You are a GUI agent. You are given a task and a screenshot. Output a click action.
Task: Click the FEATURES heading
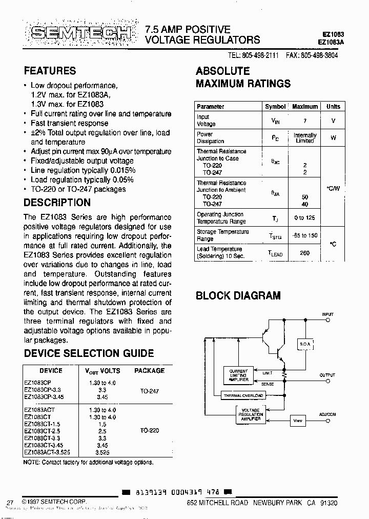[50, 71]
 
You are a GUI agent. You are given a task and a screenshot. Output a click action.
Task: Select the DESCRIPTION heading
[57, 203]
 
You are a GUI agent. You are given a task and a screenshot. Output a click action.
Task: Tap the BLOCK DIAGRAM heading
[238, 295]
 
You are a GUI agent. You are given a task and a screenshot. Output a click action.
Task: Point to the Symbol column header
[275, 107]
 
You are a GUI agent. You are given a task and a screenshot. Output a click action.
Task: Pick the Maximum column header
[305, 107]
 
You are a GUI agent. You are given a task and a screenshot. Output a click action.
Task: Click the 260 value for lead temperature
[305, 253]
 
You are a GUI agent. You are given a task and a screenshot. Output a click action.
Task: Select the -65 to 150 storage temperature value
[305, 235]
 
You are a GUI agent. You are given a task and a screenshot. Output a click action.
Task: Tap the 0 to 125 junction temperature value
[305, 218]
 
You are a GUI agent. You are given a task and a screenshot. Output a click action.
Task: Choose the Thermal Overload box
[243, 396]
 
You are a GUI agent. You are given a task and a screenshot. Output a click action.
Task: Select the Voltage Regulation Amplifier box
[251, 414]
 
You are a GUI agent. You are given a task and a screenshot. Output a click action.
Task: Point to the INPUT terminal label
[327, 314]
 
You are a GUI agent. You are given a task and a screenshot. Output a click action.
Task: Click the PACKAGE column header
[149, 370]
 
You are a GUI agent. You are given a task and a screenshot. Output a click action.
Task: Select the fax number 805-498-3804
[312, 55]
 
